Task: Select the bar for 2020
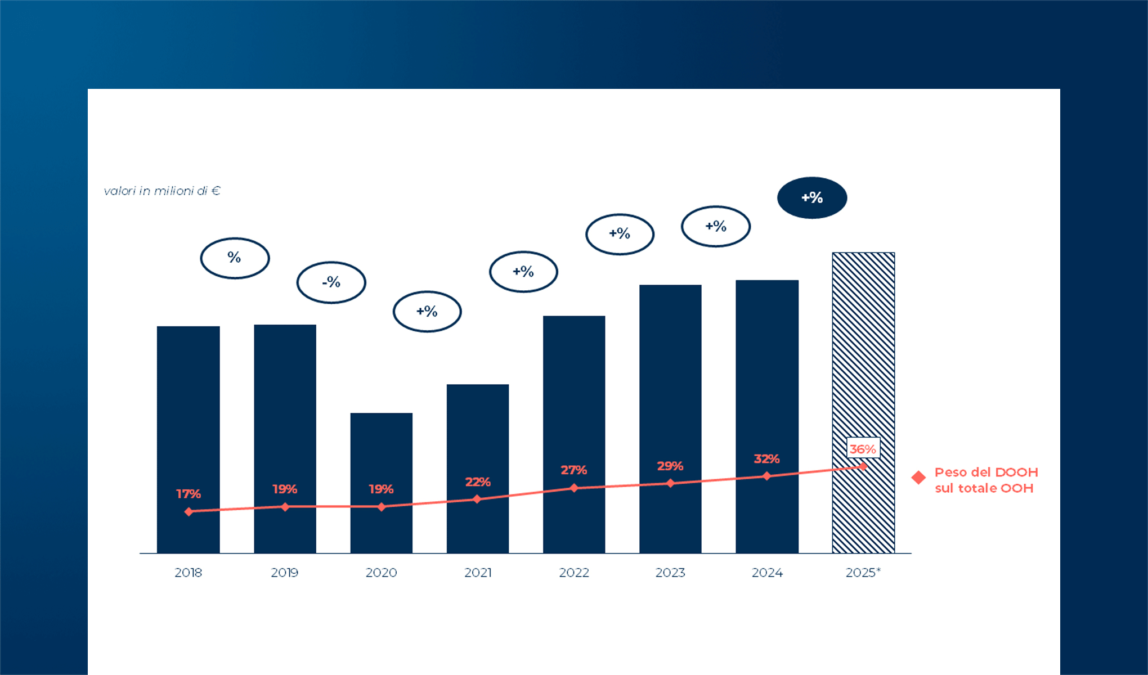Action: [x=382, y=483]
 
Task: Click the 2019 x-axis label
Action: [x=285, y=573]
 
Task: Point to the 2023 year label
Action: [x=670, y=573]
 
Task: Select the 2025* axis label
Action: [x=863, y=573]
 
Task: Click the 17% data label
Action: [x=189, y=494]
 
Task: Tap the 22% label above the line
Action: [x=478, y=482]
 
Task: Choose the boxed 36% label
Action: [x=863, y=449]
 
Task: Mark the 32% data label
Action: [x=767, y=459]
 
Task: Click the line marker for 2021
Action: [x=477, y=499]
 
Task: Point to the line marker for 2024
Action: [x=767, y=476]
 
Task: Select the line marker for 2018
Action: [x=189, y=511]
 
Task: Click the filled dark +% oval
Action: [x=812, y=198]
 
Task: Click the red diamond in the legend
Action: [x=918, y=478]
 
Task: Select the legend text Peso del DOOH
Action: [x=986, y=472]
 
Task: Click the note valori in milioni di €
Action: [x=162, y=191]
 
